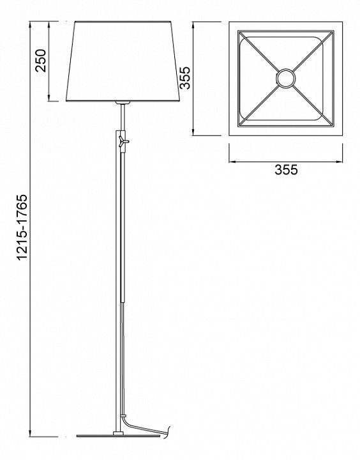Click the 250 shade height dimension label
(x=40, y=61)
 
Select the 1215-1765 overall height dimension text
(x=22, y=227)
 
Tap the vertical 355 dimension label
(x=185, y=78)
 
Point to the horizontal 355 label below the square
(x=286, y=170)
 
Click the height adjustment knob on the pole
(x=123, y=141)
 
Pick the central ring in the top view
(x=285, y=79)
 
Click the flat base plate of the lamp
(x=119, y=436)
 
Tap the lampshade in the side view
(x=123, y=61)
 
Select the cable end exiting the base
(x=167, y=432)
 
